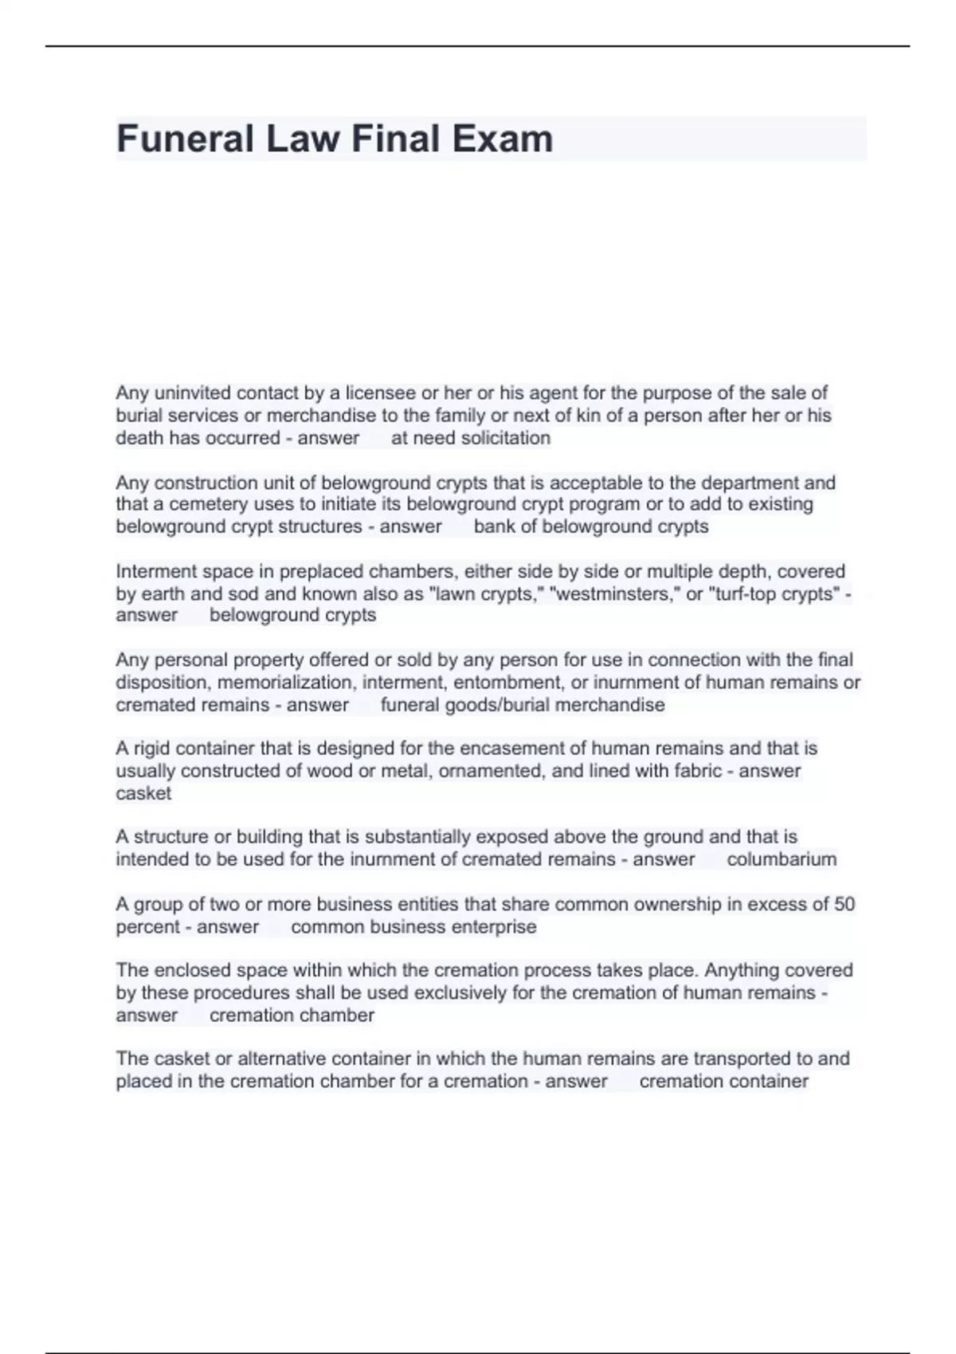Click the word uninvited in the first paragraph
(192, 393)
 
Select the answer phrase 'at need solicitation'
(470, 437)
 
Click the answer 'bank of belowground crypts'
(590, 526)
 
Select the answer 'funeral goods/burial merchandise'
(522, 705)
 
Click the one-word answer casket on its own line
(143, 793)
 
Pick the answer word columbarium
(781, 859)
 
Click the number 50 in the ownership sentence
(844, 904)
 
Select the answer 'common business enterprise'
(413, 927)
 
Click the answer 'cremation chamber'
(292, 1015)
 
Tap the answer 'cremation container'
(723, 1082)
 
